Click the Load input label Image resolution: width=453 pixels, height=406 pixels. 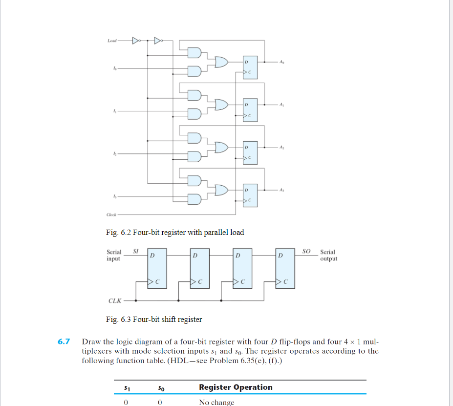(x=111, y=41)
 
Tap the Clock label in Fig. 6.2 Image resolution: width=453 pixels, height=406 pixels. (x=111, y=214)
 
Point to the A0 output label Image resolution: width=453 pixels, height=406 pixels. (x=282, y=62)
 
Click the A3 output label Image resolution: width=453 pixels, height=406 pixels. (x=282, y=189)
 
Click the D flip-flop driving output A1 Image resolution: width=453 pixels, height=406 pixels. (x=249, y=111)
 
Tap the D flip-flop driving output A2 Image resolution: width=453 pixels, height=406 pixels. (x=249, y=153)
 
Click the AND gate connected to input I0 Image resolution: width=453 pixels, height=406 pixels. (x=194, y=71)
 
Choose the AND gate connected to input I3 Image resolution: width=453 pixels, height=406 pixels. (x=194, y=198)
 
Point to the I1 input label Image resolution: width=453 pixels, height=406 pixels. (x=114, y=112)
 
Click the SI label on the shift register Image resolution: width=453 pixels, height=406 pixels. (x=137, y=251)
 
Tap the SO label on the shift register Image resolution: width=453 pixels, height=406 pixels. (x=306, y=251)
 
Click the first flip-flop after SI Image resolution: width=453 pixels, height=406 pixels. (x=157, y=268)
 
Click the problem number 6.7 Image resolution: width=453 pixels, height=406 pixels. (x=64, y=342)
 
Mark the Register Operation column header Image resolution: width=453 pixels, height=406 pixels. (x=236, y=387)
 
